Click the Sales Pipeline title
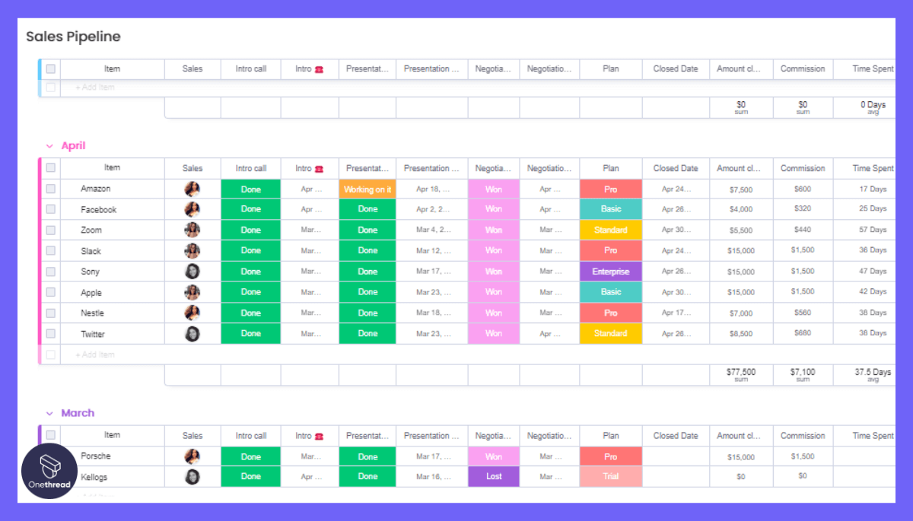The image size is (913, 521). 73,37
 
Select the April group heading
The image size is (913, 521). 73,146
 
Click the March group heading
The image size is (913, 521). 78,413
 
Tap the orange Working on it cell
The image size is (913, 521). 367,189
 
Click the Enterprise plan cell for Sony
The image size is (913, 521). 611,272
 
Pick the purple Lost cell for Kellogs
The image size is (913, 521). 494,477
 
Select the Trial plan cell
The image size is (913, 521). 611,477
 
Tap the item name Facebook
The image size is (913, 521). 99,210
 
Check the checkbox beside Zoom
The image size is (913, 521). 51,230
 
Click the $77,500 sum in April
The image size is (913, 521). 741,373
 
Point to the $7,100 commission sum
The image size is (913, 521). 803,373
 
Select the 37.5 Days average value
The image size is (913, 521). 872,373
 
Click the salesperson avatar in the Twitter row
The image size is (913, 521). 192,334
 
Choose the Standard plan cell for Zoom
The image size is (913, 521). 611,230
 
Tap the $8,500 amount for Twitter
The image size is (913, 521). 740,334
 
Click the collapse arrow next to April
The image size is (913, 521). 49,146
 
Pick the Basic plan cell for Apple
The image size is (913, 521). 611,292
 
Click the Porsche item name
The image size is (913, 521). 96,456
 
